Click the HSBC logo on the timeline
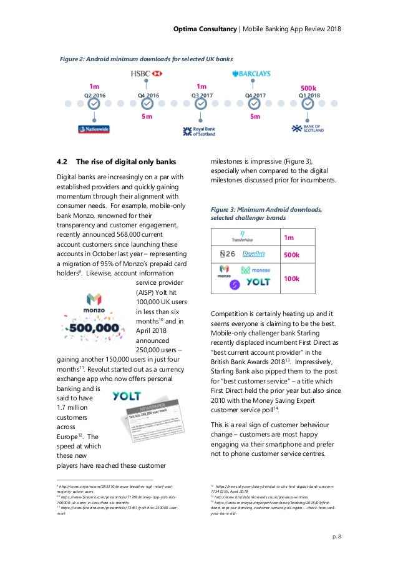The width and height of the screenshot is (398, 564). pos(146,74)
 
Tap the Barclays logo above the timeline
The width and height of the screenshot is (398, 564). pos(251,74)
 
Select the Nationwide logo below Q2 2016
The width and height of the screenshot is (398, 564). pos(94,129)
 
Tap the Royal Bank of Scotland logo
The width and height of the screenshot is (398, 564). pos(199,131)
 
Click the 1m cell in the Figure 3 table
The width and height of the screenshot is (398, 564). pos(289,237)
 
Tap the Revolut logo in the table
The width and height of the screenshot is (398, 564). pos(254,255)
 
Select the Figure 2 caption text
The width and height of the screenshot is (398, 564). pos(145,59)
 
